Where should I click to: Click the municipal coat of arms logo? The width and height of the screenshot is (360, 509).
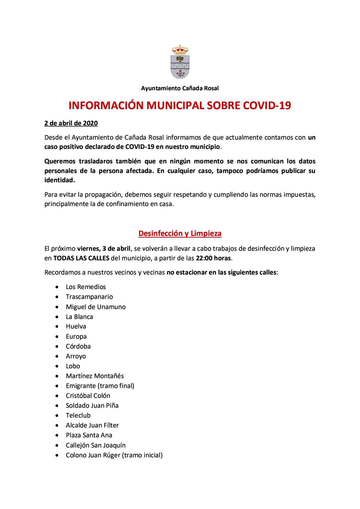click(x=180, y=62)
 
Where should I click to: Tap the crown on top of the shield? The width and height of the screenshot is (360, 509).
click(x=180, y=50)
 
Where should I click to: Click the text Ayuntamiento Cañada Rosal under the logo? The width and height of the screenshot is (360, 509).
click(x=180, y=88)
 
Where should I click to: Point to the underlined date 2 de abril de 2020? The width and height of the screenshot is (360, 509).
click(x=71, y=123)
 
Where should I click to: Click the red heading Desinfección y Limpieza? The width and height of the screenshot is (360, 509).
click(x=180, y=234)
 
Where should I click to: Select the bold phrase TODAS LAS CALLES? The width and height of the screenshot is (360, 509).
click(x=81, y=258)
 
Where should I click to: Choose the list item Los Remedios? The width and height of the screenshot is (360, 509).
click(x=86, y=287)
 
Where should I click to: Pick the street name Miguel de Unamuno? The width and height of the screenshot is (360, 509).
click(x=96, y=307)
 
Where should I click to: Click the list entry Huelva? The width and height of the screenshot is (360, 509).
click(x=76, y=326)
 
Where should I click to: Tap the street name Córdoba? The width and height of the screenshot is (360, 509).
click(x=78, y=346)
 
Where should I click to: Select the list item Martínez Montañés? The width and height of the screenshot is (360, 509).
click(x=95, y=376)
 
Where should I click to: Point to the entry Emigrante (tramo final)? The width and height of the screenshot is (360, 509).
click(x=100, y=386)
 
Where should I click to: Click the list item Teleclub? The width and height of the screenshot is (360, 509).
click(x=78, y=416)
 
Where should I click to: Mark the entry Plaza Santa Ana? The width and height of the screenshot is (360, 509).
click(x=89, y=435)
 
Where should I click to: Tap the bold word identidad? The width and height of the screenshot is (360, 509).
click(x=60, y=180)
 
